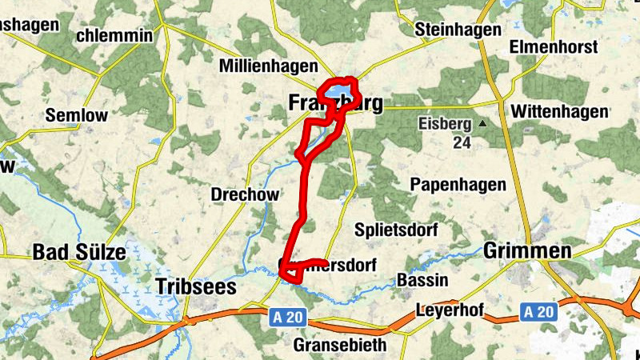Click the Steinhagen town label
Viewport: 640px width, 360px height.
(458, 30)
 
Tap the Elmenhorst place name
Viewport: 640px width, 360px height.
(554, 47)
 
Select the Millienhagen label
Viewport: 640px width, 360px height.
(269, 66)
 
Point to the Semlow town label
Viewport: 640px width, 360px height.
(76, 115)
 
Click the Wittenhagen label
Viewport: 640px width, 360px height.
(558, 110)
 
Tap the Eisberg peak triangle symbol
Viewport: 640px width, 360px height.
(482, 124)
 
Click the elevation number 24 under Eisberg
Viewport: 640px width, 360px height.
(461, 142)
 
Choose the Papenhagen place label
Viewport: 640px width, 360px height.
(458, 185)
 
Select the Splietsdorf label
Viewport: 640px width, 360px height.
(397, 230)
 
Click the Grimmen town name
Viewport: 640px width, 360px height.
(527, 251)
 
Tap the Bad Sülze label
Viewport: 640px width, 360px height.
(79, 253)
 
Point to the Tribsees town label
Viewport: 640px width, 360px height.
(198, 286)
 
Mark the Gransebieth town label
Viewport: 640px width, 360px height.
(340, 345)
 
